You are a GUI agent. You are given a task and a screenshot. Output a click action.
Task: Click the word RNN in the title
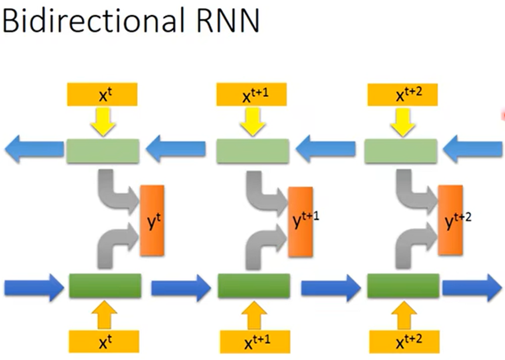tap(224, 22)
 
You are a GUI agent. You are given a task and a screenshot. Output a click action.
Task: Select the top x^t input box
tap(102, 94)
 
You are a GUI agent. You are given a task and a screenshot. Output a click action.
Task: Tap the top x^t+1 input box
tap(252, 94)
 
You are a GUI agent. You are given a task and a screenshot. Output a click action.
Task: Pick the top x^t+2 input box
tap(402, 94)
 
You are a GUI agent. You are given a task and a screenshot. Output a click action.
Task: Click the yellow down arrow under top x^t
tap(102, 121)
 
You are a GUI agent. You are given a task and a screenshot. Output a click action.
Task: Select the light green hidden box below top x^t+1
tap(252, 151)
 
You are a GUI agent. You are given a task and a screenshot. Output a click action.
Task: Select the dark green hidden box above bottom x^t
tap(105, 286)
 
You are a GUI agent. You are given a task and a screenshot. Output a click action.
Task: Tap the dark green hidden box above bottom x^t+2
tap(403, 286)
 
